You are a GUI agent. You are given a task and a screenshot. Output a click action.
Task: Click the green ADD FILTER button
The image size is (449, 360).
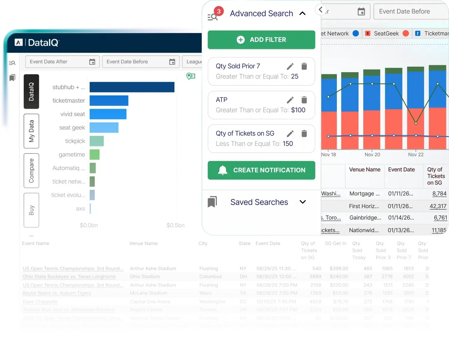pos(261,40)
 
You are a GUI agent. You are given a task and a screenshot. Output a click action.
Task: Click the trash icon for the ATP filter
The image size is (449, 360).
pos(304,100)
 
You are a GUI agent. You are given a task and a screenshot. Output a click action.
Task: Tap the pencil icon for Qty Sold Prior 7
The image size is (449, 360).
pos(290,66)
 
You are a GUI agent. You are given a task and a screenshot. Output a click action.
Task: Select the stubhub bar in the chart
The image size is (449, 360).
pos(132,87)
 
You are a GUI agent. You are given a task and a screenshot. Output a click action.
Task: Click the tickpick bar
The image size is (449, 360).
pos(97,141)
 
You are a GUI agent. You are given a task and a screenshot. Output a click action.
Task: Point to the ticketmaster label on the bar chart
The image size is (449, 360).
pos(69,101)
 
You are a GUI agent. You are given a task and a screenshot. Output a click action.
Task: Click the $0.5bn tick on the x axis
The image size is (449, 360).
pos(175,225)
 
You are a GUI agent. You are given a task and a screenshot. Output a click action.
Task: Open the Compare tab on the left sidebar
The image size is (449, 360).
pos(31,171)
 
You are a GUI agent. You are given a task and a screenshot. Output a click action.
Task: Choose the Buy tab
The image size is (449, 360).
pos(31,210)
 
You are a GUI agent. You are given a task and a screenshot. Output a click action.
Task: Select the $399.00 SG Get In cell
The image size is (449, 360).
pos(339,269)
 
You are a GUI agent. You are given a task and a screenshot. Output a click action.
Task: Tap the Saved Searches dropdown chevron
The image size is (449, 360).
pos(303,202)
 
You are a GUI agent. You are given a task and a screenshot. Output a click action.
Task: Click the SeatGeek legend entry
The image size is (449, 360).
pos(386,34)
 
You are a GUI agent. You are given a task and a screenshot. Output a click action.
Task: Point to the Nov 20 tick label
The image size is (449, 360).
pos(372,155)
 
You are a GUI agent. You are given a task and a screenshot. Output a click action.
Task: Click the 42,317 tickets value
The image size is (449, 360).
pos(438,206)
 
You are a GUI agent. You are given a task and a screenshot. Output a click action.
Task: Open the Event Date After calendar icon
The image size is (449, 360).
pos(92,62)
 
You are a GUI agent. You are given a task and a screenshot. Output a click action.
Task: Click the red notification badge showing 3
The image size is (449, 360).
pos(219,11)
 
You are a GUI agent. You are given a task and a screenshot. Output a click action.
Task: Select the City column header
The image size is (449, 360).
pos(203,243)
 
